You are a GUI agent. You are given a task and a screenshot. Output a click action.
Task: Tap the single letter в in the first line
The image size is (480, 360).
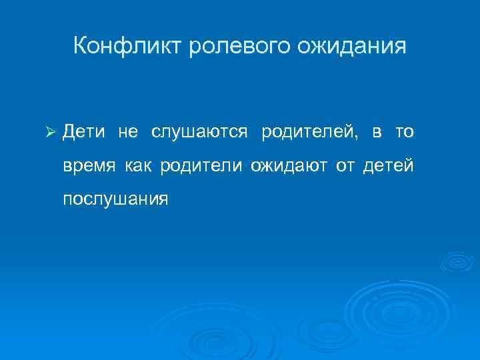pyautogui.click(x=377, y=133)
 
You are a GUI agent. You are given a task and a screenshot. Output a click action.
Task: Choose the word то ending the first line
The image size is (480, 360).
pyautogui.click(x=404, y=133)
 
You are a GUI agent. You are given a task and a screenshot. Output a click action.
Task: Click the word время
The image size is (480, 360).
pyautogui.click(x=89, y=165)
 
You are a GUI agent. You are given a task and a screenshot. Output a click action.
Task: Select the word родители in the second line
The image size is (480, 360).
pyautogui.click(x=201, y=165)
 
